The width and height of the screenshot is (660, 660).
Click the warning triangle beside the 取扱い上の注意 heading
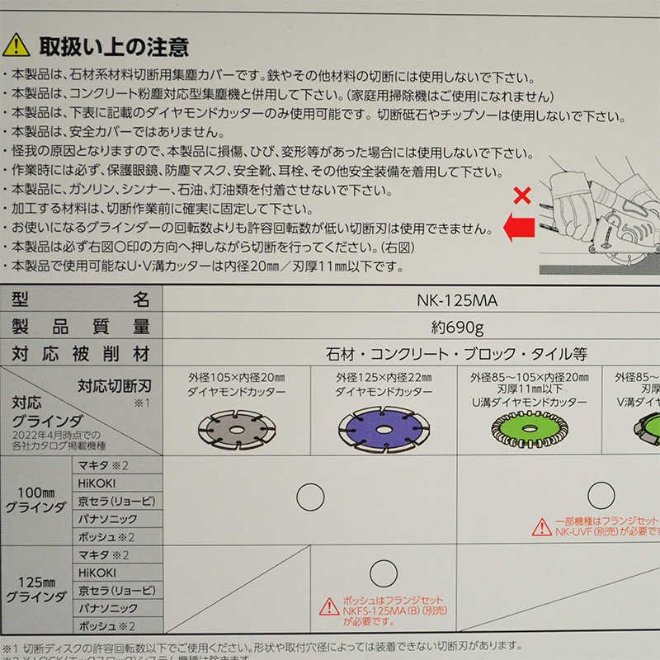pyautogui.click(x=16, y=45)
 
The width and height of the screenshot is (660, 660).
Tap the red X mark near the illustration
pyautogui.click(x=521, y=196)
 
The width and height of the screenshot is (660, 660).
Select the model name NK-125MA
pyautogui.click(x=457, y=299)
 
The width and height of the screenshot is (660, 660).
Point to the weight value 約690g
pyautogui.click(x=457, y=327)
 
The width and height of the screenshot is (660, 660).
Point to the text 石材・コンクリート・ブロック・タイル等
pyautogui.click(x=457, y=355)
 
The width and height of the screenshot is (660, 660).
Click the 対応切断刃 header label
pyautogui.click(x=115, y=385)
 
